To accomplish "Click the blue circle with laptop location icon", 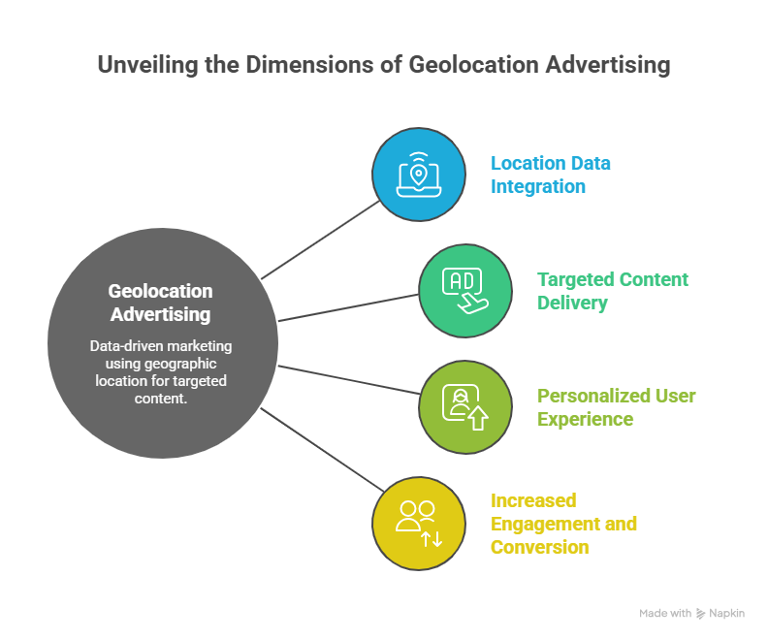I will click(x=419, y=175).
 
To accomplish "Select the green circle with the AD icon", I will click(x=465, y=291).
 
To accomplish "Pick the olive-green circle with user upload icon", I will click(x=465, y=407).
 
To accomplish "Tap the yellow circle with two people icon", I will click(x=419, y=524).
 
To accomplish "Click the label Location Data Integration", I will click(x=550, y=175).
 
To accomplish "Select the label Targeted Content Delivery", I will click(x=612, y=291).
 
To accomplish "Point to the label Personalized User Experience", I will click(x=616, y=407).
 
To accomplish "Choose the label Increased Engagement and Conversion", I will click(x=562, y=524).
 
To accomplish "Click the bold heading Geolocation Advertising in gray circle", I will click(x=161, y=303).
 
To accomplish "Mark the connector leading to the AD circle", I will click(x=349, y=306).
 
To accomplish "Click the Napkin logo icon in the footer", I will click(x=701, y=614).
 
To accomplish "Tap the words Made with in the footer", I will click(x=665, y=614).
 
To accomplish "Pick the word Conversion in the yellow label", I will click(x=539, y=547).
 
